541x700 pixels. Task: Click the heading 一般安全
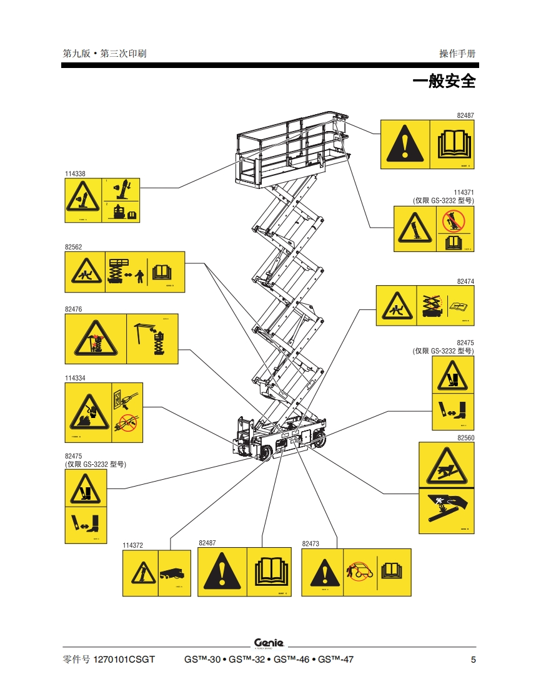(x=444, y=82)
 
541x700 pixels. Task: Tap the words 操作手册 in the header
(x=457, y=54)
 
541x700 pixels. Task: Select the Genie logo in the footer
(x=269, y=643)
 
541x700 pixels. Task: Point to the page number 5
(x=473, y=660)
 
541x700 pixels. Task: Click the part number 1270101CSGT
(x=124, y=660)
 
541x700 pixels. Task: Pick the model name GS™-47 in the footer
(x=335, y=660)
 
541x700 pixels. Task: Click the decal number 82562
(x=73, y=247)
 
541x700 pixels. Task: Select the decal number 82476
(x=73, y=309)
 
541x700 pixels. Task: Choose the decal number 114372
(x=132, y=545)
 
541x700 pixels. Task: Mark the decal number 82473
(x=310, y=544)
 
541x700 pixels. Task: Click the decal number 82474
(x=465, y=281)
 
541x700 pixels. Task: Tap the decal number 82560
(x=465, y=438)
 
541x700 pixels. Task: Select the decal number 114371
(x=464, y=193)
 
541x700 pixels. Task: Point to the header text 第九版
(x=75, y=54)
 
